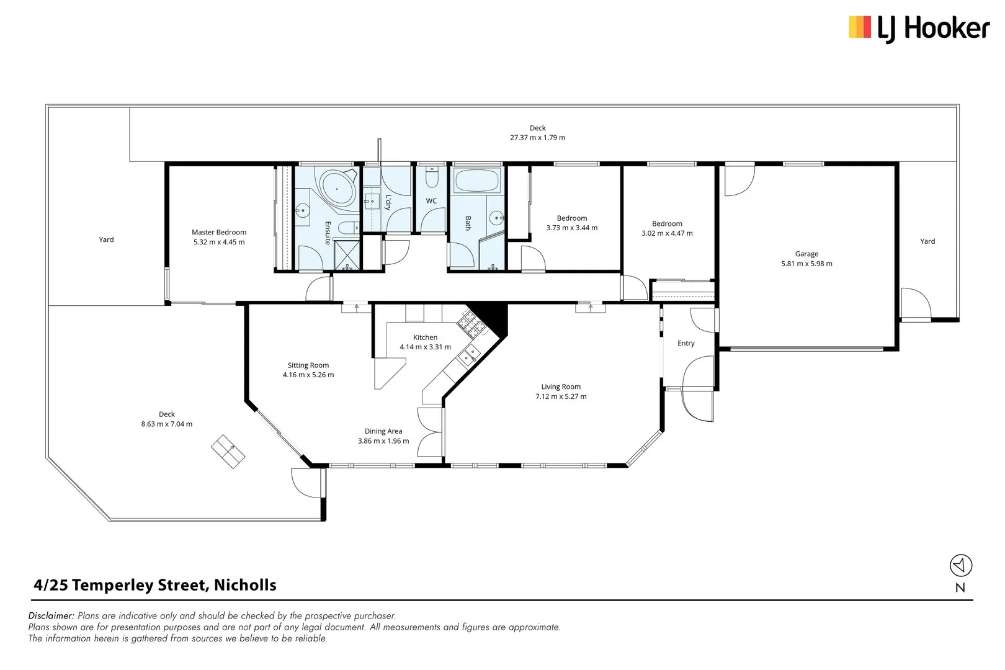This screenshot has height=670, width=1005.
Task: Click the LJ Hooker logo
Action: click(919, 29)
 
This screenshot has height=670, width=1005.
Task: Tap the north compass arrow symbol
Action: click(960, 565)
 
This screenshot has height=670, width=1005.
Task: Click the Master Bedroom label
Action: click(219, 232)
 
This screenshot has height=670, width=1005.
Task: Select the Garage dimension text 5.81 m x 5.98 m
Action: click(806, 264)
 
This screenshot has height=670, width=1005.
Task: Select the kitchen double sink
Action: click(469, 354)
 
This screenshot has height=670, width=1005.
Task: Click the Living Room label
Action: click(561, 386)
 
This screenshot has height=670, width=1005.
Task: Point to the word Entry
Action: click(686, 343)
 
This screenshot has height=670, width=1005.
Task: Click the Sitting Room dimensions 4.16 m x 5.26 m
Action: click(308, 375)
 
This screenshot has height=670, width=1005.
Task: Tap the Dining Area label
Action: click(383, 431)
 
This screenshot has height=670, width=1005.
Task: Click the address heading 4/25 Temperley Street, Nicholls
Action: click(155, 585)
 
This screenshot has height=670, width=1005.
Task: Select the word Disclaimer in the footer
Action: click(51, 615)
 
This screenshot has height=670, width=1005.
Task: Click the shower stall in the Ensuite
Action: click(347, 255)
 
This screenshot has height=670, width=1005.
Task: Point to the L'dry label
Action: click(388, 202)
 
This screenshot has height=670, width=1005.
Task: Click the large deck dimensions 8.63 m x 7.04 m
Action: click(166, 424)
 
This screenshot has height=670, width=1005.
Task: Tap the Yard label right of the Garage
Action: click(927, 241)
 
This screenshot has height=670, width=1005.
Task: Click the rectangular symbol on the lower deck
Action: click(228, 452)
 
